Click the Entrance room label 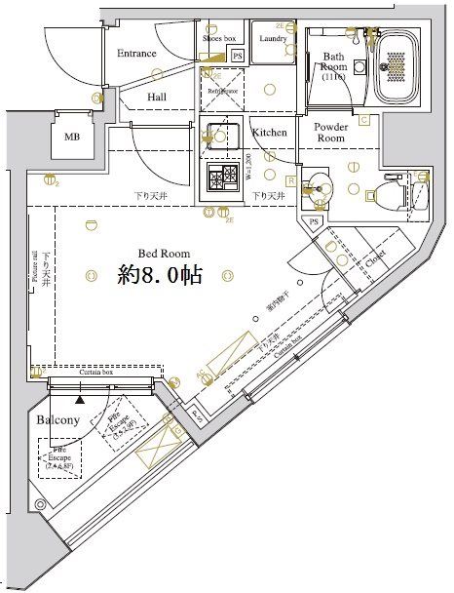[x=137, y=53]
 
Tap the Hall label [x=157, y=98]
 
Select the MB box [x=73, y=137]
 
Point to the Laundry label [x=272, y=38]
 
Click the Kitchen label [x=269, y=132]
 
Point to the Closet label [x=375, y=257]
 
